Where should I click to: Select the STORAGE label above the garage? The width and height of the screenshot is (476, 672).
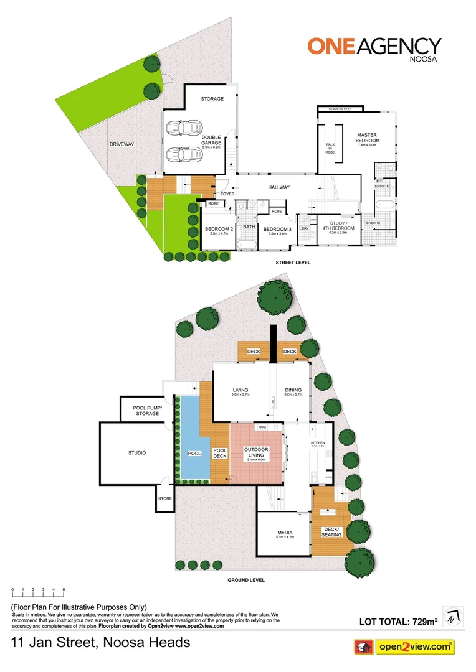pyautogui.click(x=212, y=99)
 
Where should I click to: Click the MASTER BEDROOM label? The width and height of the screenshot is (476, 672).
pyautogui.click(x=368, y=138)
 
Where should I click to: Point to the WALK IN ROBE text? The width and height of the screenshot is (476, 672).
pyautogui.click(x=330, y=148)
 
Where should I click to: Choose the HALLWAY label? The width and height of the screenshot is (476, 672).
pyautogui.click(x=279, y=187)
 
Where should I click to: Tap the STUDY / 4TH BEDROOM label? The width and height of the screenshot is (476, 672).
pyautogui.click(x=340, y=225)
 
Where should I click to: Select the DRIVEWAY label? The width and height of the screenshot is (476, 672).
pyautogui.click(x=122, y=144)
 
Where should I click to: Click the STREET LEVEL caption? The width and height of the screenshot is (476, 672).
pyautogui.click(x=293, y=263)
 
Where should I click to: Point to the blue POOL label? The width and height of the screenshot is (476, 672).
pyautogui.click(x=195, y=454)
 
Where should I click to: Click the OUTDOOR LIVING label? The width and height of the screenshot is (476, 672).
pyautogui.click(x=255, y=452)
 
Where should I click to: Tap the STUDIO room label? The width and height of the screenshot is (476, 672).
pyautogui.click(x=137, y=453)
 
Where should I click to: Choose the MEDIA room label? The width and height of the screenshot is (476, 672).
pyautogui.click(x=285, y=533)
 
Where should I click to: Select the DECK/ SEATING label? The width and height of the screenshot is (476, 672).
pyautogui.click(x=329, y=532)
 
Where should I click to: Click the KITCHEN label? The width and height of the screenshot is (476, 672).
pyautogui.click(x=318, y=443)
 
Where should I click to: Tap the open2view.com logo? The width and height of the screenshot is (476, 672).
pyautogui.click(x=404, y=648)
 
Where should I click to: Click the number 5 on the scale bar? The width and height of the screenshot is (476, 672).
pyautogui.click(x=64, y=589)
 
